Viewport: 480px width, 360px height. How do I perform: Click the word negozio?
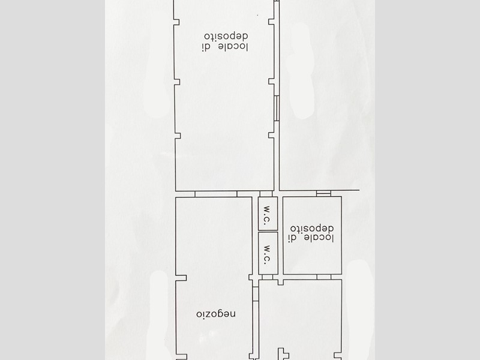(x=216, y=314)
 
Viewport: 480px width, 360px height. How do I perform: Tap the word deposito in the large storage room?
(x=226, y=37)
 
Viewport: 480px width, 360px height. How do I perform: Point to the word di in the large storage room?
(x=206, y=47)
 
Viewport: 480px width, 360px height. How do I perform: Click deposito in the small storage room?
(x=312, y=229)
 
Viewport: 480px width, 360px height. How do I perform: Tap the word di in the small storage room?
(x=293, y=238)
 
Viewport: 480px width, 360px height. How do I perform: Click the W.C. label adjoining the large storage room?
(x=267, y=215)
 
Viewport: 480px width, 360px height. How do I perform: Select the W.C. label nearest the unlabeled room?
(x=267, y=254)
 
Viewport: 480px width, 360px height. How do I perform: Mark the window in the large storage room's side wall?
(x=277, y=109)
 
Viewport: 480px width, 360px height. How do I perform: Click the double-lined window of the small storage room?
(x=323, y=193)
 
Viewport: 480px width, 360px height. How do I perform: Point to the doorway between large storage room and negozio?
(x=216, y=194)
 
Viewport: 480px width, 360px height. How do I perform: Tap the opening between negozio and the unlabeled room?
(x=256, y=293)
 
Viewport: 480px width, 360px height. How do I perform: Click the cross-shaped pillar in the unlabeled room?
(x=283, y=354)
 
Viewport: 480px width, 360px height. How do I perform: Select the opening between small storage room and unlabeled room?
(x=324, y=277)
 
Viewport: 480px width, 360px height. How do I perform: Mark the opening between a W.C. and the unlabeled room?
(x=268, y=277)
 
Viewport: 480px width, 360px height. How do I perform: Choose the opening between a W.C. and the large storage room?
(x=266, y=194)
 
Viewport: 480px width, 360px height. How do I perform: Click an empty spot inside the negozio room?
(x=214, y=239)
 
